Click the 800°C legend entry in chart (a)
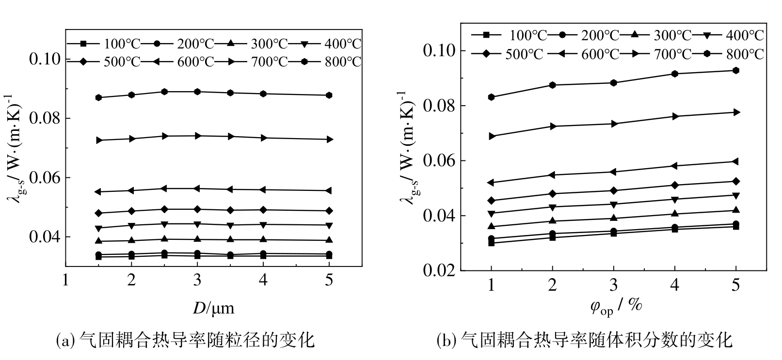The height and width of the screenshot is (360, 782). click(331, 62)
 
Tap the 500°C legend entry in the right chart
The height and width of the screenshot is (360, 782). click(508, 53)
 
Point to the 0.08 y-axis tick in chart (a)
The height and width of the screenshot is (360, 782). click(46, 119)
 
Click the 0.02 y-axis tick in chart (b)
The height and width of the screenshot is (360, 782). click(438, 270)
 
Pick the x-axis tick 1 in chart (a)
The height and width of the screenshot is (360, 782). click(65, 280)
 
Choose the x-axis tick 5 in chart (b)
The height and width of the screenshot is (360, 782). click(735, 284)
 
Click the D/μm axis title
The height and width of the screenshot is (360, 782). click(213, 307)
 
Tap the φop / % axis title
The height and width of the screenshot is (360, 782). click(616, 306)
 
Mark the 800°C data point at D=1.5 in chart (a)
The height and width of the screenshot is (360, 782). click(98, 97)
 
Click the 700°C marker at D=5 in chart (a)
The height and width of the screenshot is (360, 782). click(329, 140)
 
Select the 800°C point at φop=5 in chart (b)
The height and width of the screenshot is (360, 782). click(735, 70)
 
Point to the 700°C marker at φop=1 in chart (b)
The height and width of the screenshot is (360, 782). click(491, 136)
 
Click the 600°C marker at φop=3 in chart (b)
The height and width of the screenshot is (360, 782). click(613, 172)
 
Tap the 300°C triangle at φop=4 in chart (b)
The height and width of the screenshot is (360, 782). click(674, 214)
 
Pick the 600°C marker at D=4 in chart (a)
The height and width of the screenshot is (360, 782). click(263, 189)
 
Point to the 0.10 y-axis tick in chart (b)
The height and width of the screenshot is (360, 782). click(438, 50)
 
